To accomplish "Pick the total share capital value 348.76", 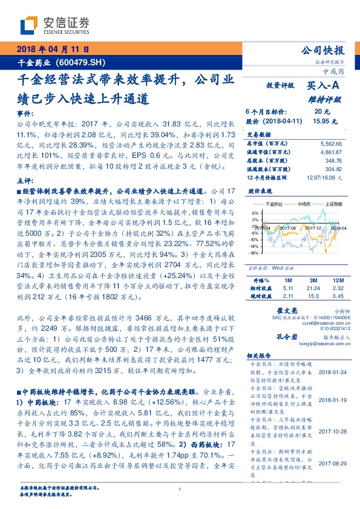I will [333, 161].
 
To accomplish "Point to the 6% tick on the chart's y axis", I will [255, 213].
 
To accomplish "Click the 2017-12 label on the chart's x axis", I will [313, 227].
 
